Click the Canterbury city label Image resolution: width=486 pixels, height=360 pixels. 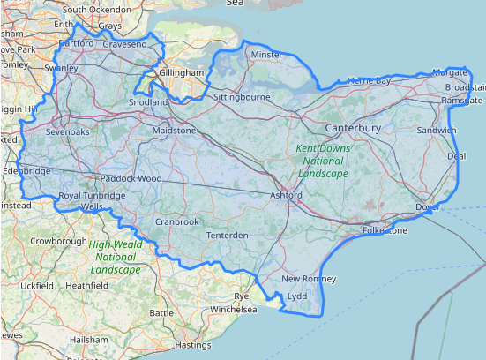point(352,129)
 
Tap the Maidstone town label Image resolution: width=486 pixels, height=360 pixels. point(175,131)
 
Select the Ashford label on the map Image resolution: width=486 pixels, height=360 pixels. point(286,195)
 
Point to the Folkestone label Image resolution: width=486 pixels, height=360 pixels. point(385,231)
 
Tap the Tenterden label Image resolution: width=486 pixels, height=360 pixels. point(227,236)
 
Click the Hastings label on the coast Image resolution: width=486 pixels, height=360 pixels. point(194,345)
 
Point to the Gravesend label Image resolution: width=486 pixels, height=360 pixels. point(124,43)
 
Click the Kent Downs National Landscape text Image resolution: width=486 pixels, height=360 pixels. point(323,161)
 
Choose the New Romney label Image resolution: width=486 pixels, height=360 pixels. point(303,279)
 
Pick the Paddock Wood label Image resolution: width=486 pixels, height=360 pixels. point(131,178)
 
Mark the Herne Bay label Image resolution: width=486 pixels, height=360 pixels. point(369,81)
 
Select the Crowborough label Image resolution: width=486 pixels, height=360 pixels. point(57,240)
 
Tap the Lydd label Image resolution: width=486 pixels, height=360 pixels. point(297,296)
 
